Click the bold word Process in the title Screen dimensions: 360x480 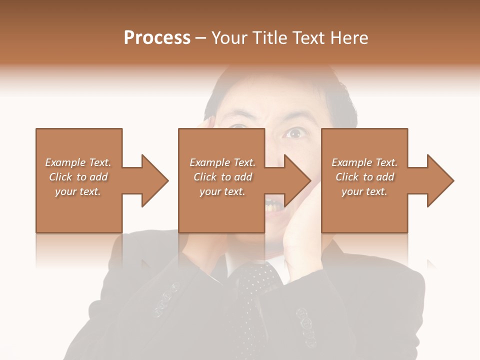[x=157, y=38]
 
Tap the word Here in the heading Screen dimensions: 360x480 [x=350, y=38]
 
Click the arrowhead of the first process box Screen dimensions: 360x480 [x=154, y=180]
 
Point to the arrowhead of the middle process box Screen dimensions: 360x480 [x=297, y=180]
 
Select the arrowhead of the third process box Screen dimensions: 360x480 [x=440, y=180]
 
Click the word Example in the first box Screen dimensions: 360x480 [x=65, y=162]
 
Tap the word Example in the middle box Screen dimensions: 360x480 [x=210, y=162]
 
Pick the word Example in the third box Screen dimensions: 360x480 [x=352, y=162]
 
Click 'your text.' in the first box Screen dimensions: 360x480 [x=78, y=191]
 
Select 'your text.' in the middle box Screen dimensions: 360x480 [x=222, y=191]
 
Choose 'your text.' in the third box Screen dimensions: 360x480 [x=364, y=191]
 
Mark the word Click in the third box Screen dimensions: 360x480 [x=347, y=177]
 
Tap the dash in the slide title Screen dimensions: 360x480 [x=201, y=38]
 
